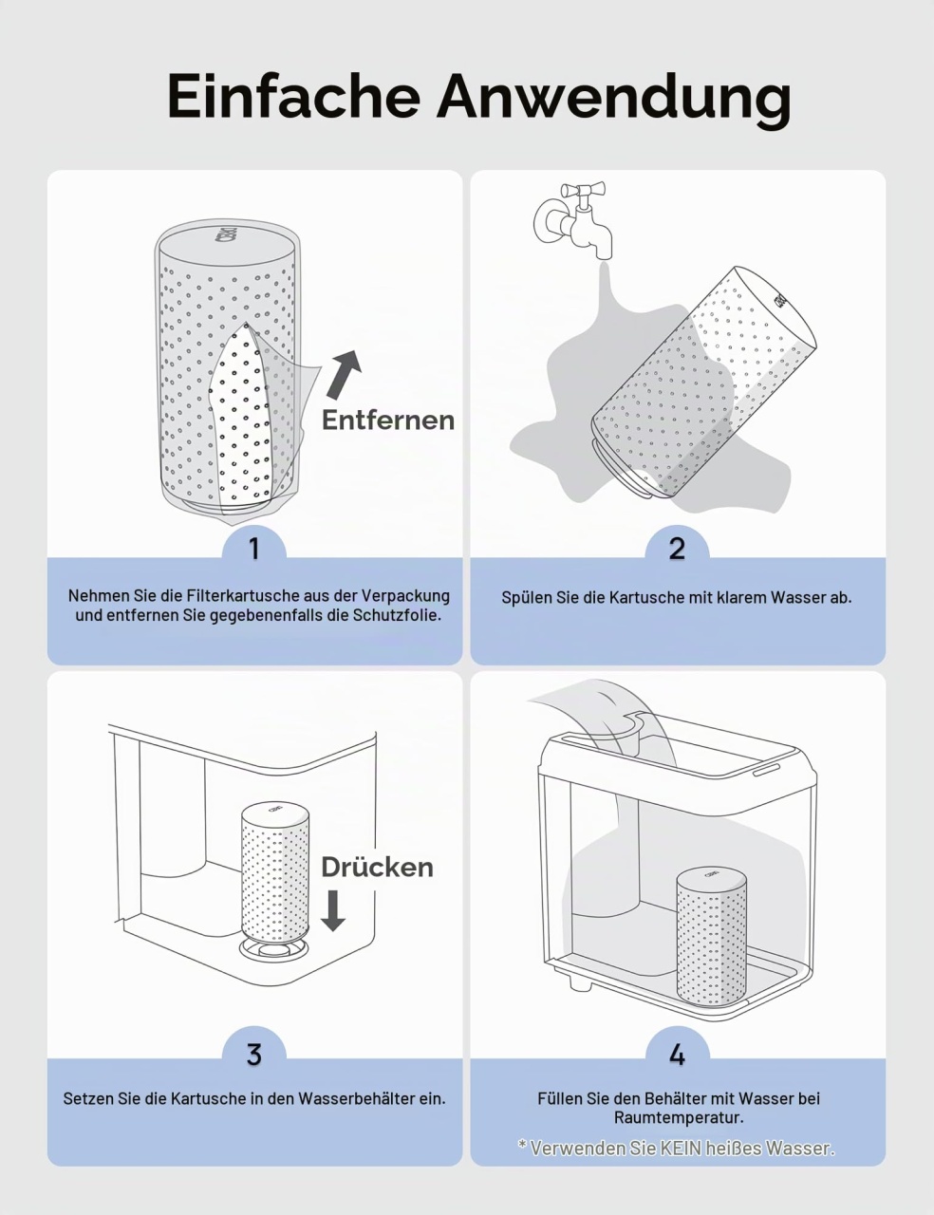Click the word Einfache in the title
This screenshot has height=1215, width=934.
(x=294, y=97)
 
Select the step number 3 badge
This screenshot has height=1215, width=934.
(x=254, y=1050)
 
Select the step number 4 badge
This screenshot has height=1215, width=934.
(x=677, y=1050)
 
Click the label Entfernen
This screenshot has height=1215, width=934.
(x=388, y=421)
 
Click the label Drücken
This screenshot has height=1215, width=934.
(x=377, y=868)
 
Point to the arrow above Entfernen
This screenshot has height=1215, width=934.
(x=344, y=375)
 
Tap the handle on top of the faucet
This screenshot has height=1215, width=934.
(x=583, y=190)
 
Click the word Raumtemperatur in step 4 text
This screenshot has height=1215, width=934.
(x=679, y=1118)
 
